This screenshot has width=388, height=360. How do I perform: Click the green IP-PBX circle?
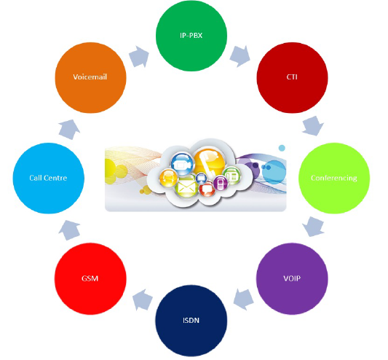coord(191,36)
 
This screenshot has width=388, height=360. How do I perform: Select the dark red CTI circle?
coord(292,77)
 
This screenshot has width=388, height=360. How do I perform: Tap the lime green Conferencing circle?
coord(334,178)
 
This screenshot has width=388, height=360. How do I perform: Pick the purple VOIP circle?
coord(292,278)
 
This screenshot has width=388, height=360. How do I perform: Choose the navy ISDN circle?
coord(191,321)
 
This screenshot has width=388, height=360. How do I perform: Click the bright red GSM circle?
coord(90,278)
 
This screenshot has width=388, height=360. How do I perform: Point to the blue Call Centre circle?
coord(49,178)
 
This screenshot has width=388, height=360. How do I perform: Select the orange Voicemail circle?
coord(90,77)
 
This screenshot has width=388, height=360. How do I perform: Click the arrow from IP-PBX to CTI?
coord(239,56)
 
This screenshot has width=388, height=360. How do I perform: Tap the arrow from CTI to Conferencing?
coord(313,126)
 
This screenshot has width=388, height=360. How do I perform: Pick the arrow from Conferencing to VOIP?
coord(313,227)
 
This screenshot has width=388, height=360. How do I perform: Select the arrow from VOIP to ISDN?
coord(244,300)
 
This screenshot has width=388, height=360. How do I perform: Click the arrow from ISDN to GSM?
coord(143,300)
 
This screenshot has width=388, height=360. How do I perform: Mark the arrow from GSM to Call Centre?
coord(70,230)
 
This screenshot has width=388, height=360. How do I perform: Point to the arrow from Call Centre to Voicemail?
coord(69,130)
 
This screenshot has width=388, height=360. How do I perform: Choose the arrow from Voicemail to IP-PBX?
coord(139,57)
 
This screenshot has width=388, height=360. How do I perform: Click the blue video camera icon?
coord(182,164)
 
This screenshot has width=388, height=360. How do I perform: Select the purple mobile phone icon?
coord(221,183)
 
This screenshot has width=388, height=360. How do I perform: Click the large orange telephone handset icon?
coord(210,163)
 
